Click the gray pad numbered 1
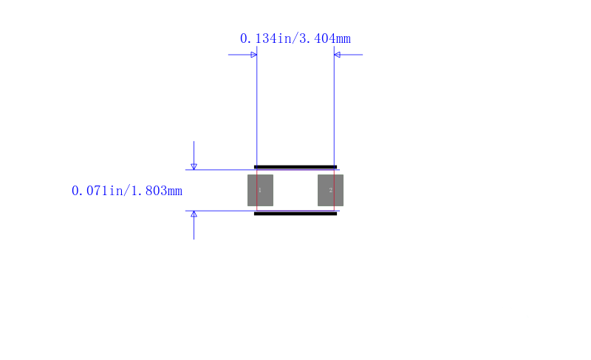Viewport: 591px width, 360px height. [260, 191]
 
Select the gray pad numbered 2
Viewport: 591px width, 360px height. [330, 191]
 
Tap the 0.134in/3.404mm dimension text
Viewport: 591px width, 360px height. [295, 38]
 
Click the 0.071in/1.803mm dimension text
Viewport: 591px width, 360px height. [127, 191]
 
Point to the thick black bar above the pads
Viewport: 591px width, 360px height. [295, 167]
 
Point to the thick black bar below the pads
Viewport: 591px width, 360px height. [295, 214]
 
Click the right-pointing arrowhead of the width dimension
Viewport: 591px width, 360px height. [253, 55]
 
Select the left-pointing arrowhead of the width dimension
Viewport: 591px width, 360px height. [338, 55]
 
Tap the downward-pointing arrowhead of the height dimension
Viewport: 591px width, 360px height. [194, 166]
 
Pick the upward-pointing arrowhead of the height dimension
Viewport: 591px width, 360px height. [194, 214]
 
